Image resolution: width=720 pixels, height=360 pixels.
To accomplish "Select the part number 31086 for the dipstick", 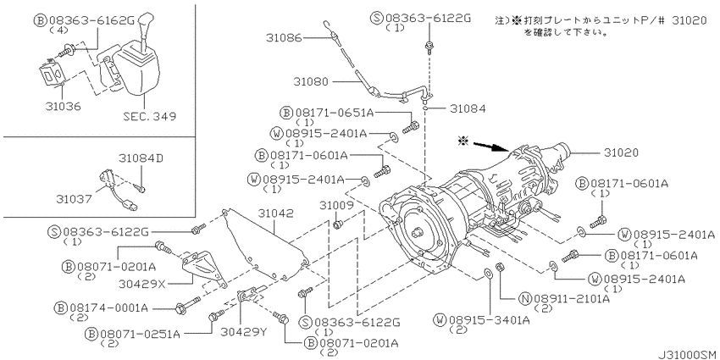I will (x=283, y=39).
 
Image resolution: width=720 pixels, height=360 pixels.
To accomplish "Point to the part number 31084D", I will (x=141, y=158).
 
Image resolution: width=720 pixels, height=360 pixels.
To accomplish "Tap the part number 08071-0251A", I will (x=139, y=334).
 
